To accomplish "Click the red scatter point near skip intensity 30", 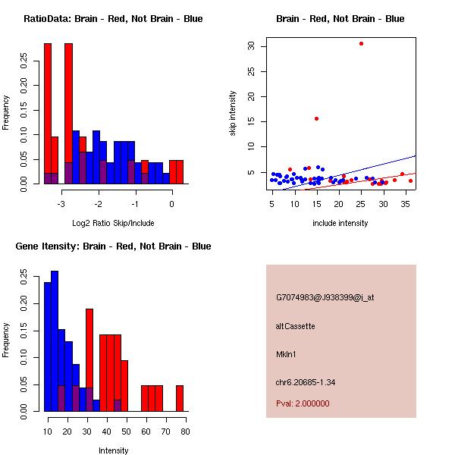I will coord(361,43).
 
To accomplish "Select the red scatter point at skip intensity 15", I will coord(316,118).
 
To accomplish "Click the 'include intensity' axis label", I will coord(340,223).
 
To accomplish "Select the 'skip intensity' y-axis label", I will coord(234,114).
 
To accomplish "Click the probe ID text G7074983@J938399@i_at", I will coord(325,297).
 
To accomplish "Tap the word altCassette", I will coord(295,326).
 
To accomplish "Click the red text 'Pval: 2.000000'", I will coord(303,403).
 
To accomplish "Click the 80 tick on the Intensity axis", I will coord(184,431).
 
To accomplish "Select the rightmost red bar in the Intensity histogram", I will coord(180,399).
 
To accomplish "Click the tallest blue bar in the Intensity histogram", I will coord(55,341).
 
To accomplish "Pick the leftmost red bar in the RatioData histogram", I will coord(48,106).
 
